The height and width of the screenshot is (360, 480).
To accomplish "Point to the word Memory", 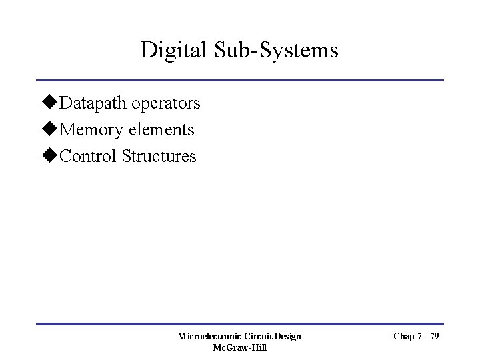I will (x=89, y=130).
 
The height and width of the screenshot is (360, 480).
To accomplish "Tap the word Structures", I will (x=159, y=157).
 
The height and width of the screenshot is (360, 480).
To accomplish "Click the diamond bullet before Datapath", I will (x=51, y=103).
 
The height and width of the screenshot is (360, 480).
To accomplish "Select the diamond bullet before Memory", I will (x=51, y=130).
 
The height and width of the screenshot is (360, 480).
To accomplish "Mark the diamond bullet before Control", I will (x=51, y=157).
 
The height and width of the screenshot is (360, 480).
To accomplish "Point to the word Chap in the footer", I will (x=403, y=336).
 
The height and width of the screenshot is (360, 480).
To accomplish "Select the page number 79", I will (x=433, y=336).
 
